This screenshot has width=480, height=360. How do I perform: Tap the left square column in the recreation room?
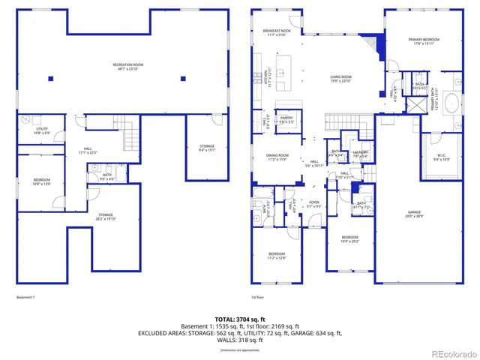coord(49,78)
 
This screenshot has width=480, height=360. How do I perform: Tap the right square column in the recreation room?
coord(183,78)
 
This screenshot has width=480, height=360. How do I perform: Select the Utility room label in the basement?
coord(42,130)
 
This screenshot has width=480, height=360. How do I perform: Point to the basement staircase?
coord(132,138)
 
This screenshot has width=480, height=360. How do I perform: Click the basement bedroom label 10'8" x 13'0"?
coord(41,181)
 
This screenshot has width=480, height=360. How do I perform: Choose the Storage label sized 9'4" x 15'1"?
coord(207,148)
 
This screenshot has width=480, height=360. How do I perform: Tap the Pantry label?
coord(286,118)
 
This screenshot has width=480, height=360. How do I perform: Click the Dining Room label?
coord(277,157)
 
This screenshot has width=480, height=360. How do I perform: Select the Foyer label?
coord(314,204)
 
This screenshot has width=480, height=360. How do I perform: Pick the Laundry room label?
coord(359,154)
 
